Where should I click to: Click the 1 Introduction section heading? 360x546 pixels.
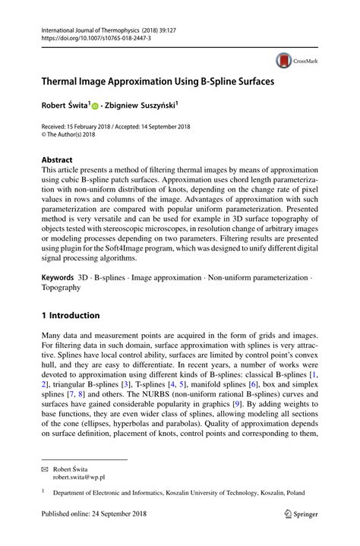pyautogui.click(x=70, y=315)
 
